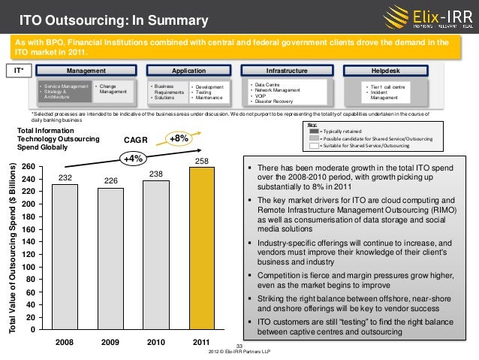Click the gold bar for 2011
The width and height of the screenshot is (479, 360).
[x=201, y=248]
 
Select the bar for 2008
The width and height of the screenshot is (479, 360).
[x=65, y=256]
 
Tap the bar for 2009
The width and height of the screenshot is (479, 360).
[x=110, y=259]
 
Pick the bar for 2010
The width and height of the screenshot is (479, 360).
[x=155, y=255]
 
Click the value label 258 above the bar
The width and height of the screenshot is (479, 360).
[x=201, y=162]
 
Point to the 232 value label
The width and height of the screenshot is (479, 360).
[x=65, y=178]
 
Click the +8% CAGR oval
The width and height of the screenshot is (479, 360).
[x=179, y=138]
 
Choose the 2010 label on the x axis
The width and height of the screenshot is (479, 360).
[x=155, y=342]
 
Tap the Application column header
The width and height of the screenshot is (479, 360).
[x=183, y=71]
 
